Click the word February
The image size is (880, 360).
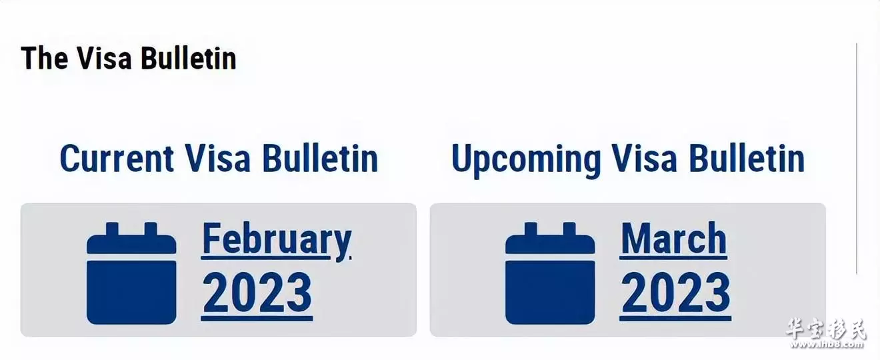[x=277, y=239]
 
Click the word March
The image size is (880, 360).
[x=674, y=238]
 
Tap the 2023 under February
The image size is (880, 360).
[x=257, y=293]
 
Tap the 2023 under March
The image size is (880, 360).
[x=676, y=293]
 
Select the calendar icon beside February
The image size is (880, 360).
[x=131, y=273]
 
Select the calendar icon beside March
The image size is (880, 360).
[x=550, y=273]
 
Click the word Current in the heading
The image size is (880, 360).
[x=117, y=159]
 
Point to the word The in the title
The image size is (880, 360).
[x=45, y=59]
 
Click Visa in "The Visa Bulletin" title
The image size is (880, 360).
[x=104, y=59]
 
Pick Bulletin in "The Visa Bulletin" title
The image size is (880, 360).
[x=189, y=59]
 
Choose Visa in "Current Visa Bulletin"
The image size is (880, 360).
[x=217, y=159]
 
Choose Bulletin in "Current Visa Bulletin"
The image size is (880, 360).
[x=320, y=159]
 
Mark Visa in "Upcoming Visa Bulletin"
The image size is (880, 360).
[x=645, y=159]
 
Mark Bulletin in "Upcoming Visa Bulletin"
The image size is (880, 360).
[x=747, y=159]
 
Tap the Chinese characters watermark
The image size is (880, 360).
[x=825, y=329]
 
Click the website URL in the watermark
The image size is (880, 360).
[x=826, y=345]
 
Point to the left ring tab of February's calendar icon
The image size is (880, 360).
[x=112, y=229]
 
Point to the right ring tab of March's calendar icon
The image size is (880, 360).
[x=569, y=229]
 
